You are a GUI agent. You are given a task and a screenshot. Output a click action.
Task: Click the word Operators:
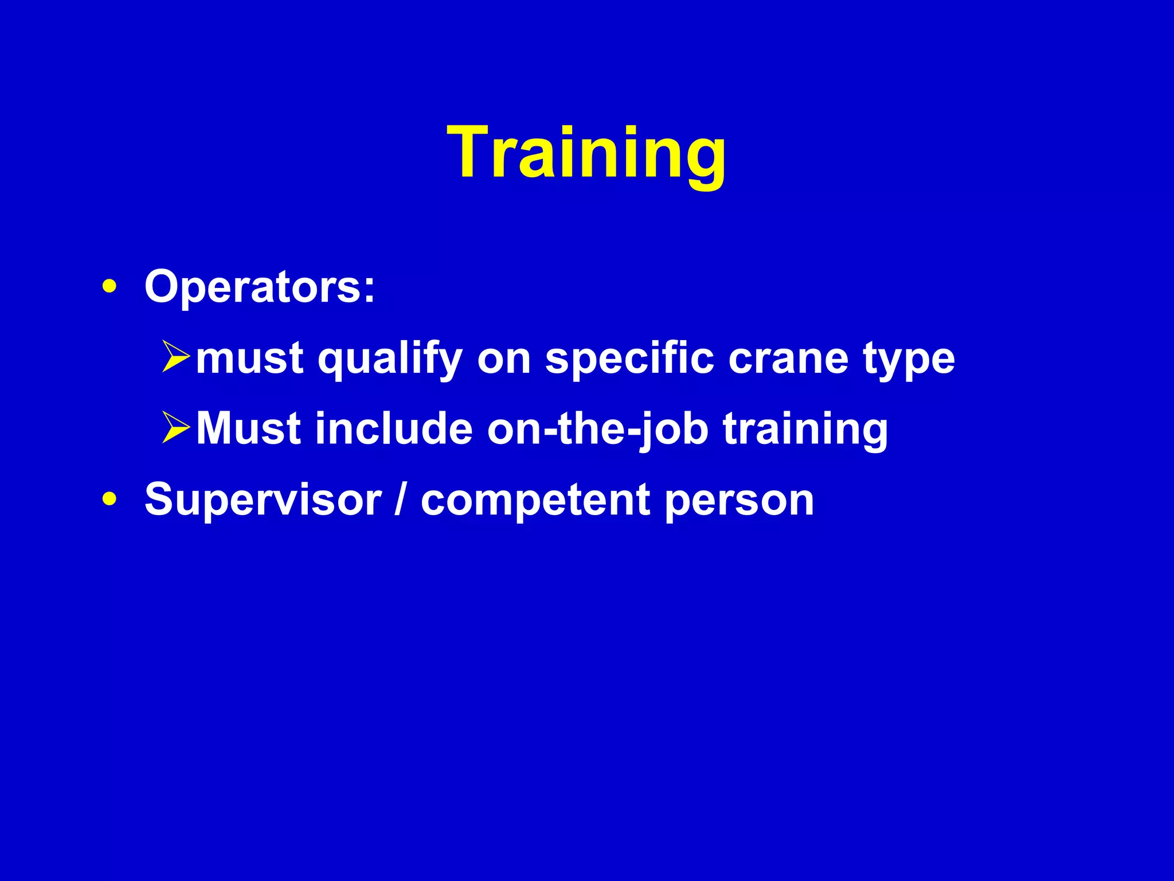tap(260, 286)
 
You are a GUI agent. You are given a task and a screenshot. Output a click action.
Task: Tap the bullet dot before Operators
tap(109, 286)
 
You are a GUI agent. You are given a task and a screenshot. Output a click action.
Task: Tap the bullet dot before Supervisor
tap(109, 499)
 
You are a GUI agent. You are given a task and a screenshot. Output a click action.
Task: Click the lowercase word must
tap(249, 358)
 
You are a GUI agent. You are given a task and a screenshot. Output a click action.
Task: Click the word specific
tap(629, 359)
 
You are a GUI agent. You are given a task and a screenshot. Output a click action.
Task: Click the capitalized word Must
tap(248, 428)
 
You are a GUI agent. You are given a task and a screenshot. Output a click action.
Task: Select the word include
tap(394, 428)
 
